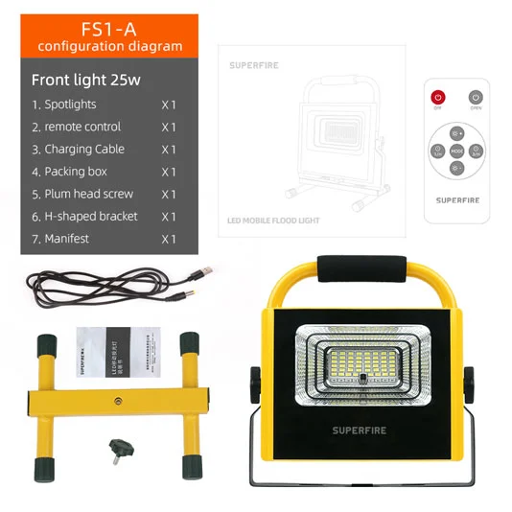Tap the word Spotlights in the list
(x=70, y=104)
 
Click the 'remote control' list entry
(x=82, y=127)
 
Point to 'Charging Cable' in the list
(x=84, y=149)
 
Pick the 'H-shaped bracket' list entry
(x=91, y=216)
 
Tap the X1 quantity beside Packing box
(x=169, y=172)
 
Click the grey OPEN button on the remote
(x=475, y=98)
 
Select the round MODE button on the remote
(x=456, y=151)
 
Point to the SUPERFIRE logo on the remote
(x=456, y=201)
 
